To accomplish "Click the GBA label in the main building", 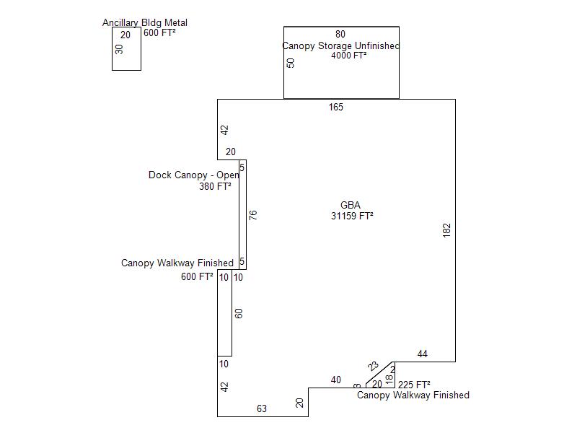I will [x=351, y=205].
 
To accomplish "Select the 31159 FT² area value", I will [x=352, y=216].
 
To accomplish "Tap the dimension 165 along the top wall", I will [x=336, y=108].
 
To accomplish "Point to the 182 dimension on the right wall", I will [x=447, y=230].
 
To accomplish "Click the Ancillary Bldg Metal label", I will [x=144, y=23].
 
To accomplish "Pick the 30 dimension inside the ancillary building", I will [x=120, y=49].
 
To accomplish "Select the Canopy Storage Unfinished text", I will [x=340, y=45].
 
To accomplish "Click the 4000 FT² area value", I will [x=349, y=56].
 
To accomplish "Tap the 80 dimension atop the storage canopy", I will [x=340, y=34].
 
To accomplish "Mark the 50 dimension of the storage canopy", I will [x=291, y=63].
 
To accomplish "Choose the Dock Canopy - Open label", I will [x=194, y=175].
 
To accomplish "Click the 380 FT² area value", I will [x=215, y=186].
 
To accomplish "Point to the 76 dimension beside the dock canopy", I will [x=253, y=215].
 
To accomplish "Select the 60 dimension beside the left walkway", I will [x=239, y=313].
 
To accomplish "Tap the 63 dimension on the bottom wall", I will [x=262, y=408].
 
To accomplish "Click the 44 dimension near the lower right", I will [x=423, y=354].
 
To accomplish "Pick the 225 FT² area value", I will [x=414, y=385].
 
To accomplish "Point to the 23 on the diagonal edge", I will [x=374, y=367].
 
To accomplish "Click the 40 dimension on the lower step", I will [x=336, y=380].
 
